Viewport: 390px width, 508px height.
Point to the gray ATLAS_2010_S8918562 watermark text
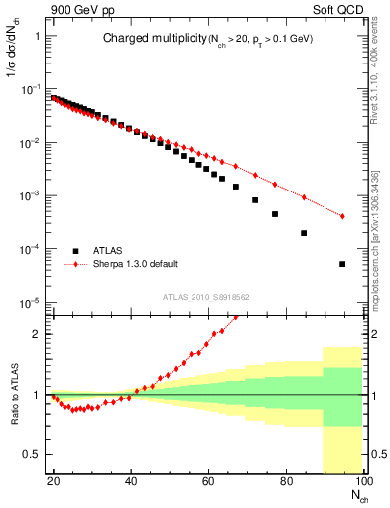click(x=207, y=297)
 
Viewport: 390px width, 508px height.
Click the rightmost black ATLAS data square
click(x=342, y=264)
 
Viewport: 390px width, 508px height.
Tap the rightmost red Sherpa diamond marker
click(x=342, y=216)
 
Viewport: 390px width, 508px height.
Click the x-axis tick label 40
click(x=131, y=481)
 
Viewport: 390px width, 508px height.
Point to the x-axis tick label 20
click(x=54, y=481)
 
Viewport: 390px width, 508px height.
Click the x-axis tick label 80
click(x=285, y=481)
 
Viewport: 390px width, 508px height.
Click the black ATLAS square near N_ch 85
click(x=304, y=233)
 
